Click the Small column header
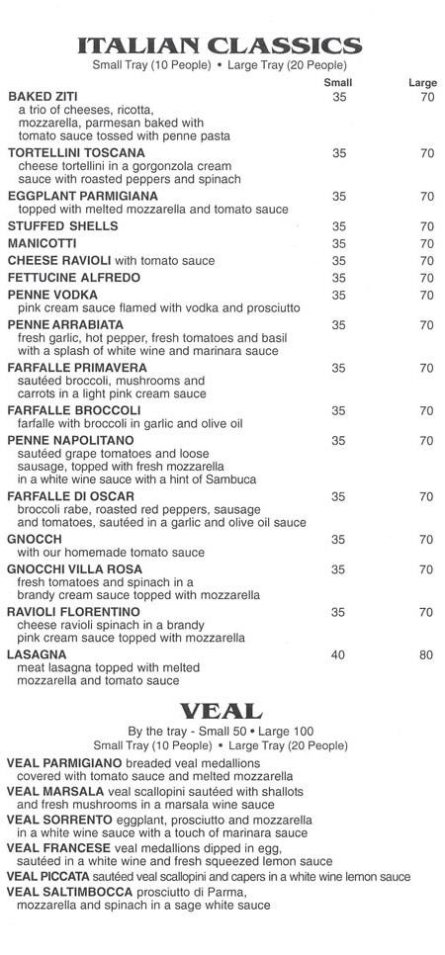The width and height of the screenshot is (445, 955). [339, 83]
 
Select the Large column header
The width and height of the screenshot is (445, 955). [422, 83]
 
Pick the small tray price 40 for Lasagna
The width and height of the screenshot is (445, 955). [339, 654]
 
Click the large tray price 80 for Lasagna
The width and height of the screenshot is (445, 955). [426, 654]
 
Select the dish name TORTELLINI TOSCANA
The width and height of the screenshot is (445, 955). [75, 153]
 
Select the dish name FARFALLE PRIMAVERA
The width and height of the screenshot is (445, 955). [71, 368]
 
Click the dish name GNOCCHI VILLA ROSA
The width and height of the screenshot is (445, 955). [73, 569]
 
